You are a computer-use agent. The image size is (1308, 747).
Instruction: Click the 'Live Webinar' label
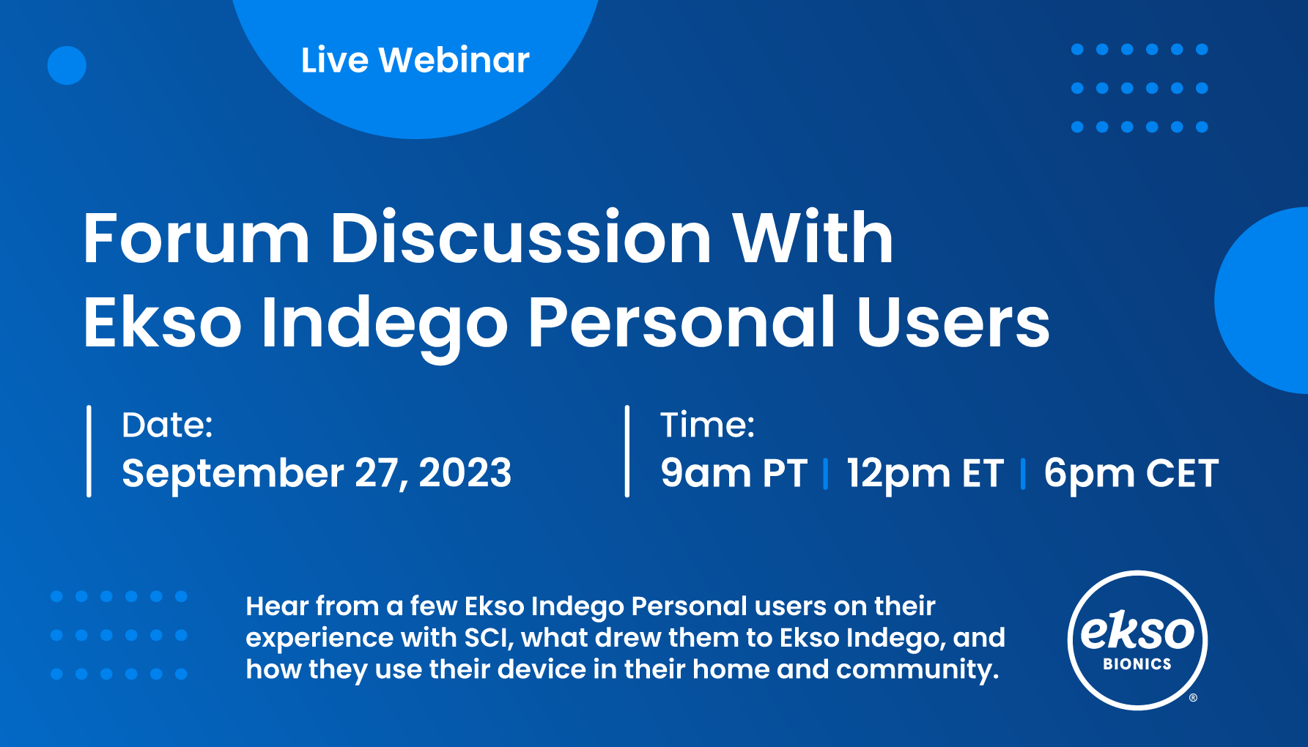coord(415,60)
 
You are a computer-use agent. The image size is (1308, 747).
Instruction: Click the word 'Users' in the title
coord(953,322)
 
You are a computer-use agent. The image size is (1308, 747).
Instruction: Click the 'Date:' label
coord(167,425)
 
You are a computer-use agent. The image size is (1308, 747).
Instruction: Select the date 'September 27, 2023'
coord(317,472)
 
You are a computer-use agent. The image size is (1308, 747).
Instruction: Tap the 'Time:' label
coord(707,425)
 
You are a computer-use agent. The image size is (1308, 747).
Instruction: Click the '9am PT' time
coord(734,473)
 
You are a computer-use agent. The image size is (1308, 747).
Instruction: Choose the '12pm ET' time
coord(925,473)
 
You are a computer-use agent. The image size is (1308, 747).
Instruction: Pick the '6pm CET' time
coord(1131,473)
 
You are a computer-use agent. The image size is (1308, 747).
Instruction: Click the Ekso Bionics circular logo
coord(1137,640)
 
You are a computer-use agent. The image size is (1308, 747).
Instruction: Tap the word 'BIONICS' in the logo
coord(1137,664)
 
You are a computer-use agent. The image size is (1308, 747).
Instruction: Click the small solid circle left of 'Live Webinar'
coord(67,65)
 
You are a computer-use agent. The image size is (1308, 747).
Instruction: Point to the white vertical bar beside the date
coord(89,451)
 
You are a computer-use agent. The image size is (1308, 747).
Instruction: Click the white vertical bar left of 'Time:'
coord(627,451)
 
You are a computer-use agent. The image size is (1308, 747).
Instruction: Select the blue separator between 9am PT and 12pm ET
coord(826,473)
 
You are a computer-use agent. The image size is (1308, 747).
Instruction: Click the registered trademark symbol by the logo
coord(1193,698)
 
